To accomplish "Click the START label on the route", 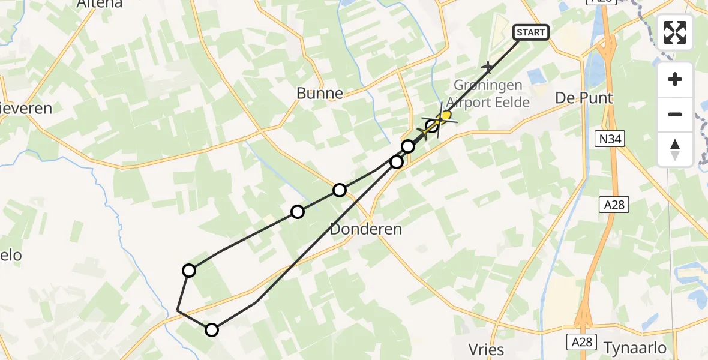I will (531, 32).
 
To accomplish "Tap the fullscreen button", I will (675, 32).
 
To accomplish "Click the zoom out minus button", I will (675, 114).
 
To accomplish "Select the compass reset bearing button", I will (675, 149).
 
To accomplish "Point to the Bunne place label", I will (320, 93).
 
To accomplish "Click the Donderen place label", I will (366, 229).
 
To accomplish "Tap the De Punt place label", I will (584, 98).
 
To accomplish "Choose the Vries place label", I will (486, 349).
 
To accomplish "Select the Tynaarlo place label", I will (635, 348).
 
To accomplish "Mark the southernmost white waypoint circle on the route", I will (212, 329).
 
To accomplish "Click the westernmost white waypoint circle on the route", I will (189, 271).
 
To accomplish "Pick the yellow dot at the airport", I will (446, 115).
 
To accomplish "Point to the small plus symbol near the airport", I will (488, 67).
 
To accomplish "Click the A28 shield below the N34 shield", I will (614, 205).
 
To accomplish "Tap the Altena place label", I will (100, 4).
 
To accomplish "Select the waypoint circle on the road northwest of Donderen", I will (340, 190).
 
